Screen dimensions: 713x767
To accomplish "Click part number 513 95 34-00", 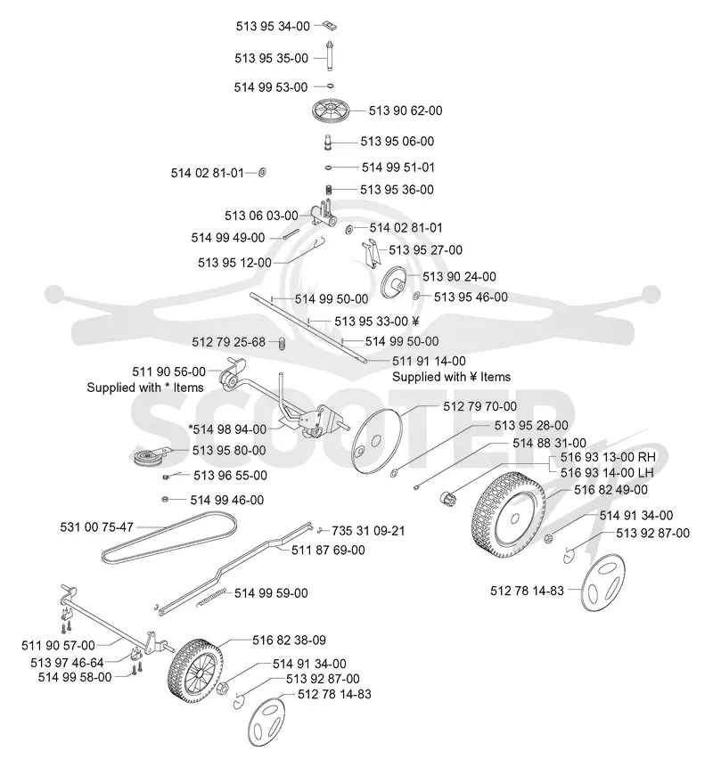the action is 273,26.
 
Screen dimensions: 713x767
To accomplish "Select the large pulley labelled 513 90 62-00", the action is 332,110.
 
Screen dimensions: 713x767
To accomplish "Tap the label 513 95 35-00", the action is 271,58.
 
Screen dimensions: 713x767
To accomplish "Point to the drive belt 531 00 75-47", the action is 169,536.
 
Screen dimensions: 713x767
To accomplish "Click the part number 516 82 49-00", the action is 611,490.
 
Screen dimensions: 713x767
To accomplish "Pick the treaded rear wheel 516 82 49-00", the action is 509,516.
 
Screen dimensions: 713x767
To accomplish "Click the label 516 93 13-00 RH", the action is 608,457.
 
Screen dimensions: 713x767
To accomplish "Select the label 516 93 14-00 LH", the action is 607,472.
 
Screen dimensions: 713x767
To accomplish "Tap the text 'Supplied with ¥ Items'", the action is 451,377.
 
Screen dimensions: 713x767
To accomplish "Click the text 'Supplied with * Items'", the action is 145,388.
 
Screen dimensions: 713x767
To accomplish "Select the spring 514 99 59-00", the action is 211,597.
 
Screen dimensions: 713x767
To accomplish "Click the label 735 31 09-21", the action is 368,531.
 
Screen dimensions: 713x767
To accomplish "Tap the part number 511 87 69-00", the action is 328,551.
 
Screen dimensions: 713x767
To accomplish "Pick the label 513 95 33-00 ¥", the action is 377,322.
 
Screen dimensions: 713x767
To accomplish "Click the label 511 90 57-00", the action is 58,646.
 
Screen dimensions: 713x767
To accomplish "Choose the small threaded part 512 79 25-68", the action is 282,343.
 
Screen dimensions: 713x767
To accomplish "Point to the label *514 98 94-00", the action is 227,429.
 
